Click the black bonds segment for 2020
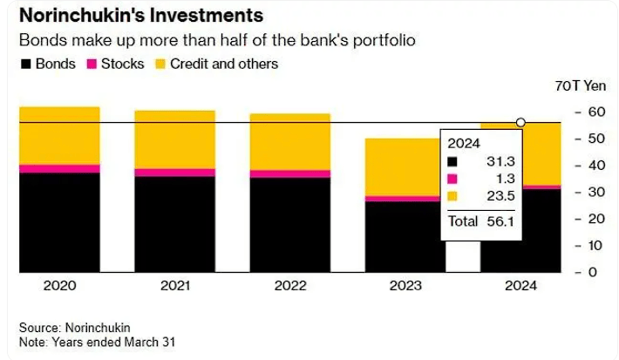[59, 222]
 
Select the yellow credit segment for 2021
[174, 139]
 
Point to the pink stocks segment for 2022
[289, 173]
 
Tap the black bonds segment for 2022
[289, 224]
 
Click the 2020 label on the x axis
[59, 286]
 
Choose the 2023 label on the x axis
[405, 286]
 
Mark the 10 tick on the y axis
[592, 245]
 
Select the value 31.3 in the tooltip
[501, 161]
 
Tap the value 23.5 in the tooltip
[501, 196]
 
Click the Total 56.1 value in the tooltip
[501, 221]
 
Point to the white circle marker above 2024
[520, 123]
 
